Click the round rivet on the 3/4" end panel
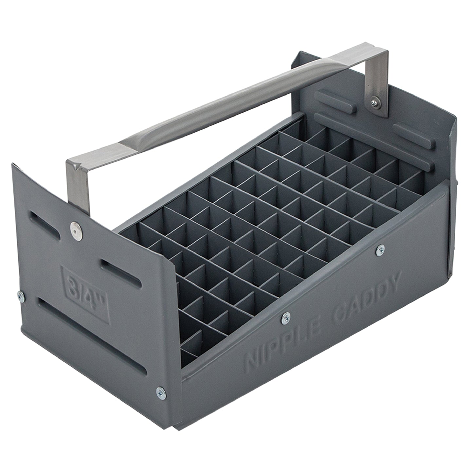click(x=76, y=228)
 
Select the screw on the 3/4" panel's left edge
click(x=21, y=297)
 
